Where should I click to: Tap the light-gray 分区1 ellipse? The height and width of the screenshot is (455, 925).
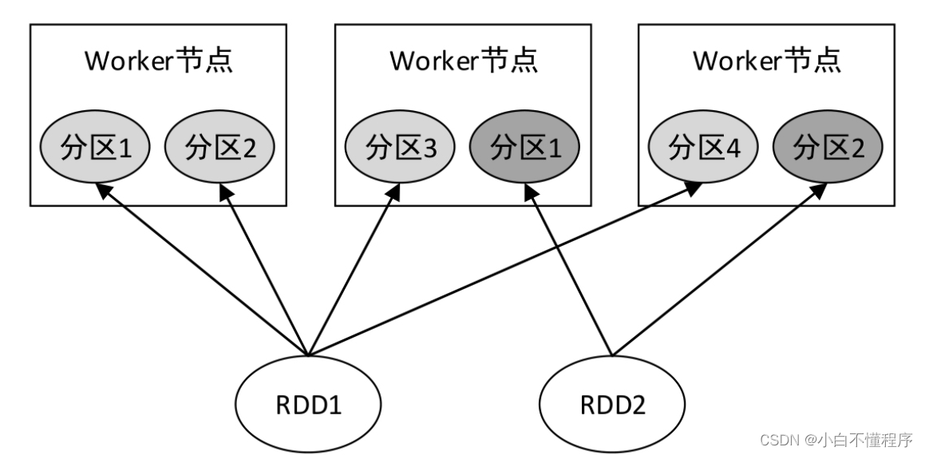pyautogui.click(x=95, y=148)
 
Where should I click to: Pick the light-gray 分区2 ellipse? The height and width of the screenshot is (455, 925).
pyautogui.click(x=219, y=148)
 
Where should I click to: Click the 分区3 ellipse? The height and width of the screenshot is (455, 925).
pyautogui.click(x=399, y=148)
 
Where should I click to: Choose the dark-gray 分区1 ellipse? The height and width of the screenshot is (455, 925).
pyautogui.click(x=524, y=148)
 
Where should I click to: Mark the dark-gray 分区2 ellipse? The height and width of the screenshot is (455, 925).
pyautogui.click(x=828, y=148)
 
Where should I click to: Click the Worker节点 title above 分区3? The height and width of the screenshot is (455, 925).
pyautogui.click(x=463, y=61)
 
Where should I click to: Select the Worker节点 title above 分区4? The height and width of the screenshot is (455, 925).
pyautogui.click(x=767, y=61)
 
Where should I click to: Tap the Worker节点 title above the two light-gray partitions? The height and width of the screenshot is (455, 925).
pyautogui.click(x=159, y=61)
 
